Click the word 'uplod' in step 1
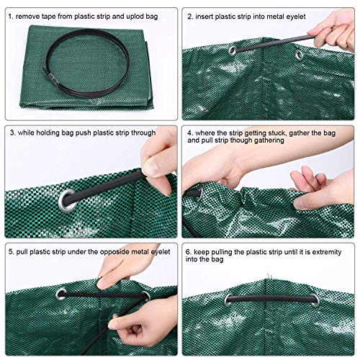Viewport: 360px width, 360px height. (135, 17)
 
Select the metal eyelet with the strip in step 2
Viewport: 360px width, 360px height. (232, 50)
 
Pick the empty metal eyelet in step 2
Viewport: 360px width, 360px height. (299, 55)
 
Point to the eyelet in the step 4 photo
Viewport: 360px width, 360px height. (199, 194)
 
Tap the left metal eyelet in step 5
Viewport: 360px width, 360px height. (61, 294)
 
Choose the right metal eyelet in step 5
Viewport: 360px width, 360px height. (145, 296)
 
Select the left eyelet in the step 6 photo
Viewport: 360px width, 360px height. (229, 300)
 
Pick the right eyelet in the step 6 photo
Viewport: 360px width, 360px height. (315, 301)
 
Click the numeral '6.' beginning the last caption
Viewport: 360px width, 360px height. (189, 252)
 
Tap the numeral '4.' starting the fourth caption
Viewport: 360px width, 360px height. (190, 133)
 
